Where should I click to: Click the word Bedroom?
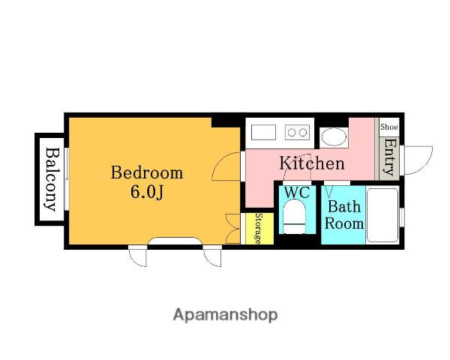tap(147, 172)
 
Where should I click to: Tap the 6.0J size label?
tap(147, 192)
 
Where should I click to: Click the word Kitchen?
tap(312, 163)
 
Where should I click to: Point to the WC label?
tap(297, 193)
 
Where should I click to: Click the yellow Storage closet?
tap(259, 229)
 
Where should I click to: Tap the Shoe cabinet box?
tap(389, 127)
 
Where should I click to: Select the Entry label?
tap(390, 157)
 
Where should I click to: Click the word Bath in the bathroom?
tap(344, 206)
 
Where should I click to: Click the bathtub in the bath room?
tap(382, 215)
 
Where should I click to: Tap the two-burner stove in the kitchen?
tap(297, 132)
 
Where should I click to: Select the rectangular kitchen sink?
tap(263, 132)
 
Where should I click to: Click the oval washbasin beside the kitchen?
tap(334, 137)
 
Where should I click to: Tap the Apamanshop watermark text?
tap(225, 315)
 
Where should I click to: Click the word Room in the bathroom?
tap(344, 223)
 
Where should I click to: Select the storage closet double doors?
tap(233, 229)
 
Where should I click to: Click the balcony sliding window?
tap(66, 178)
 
